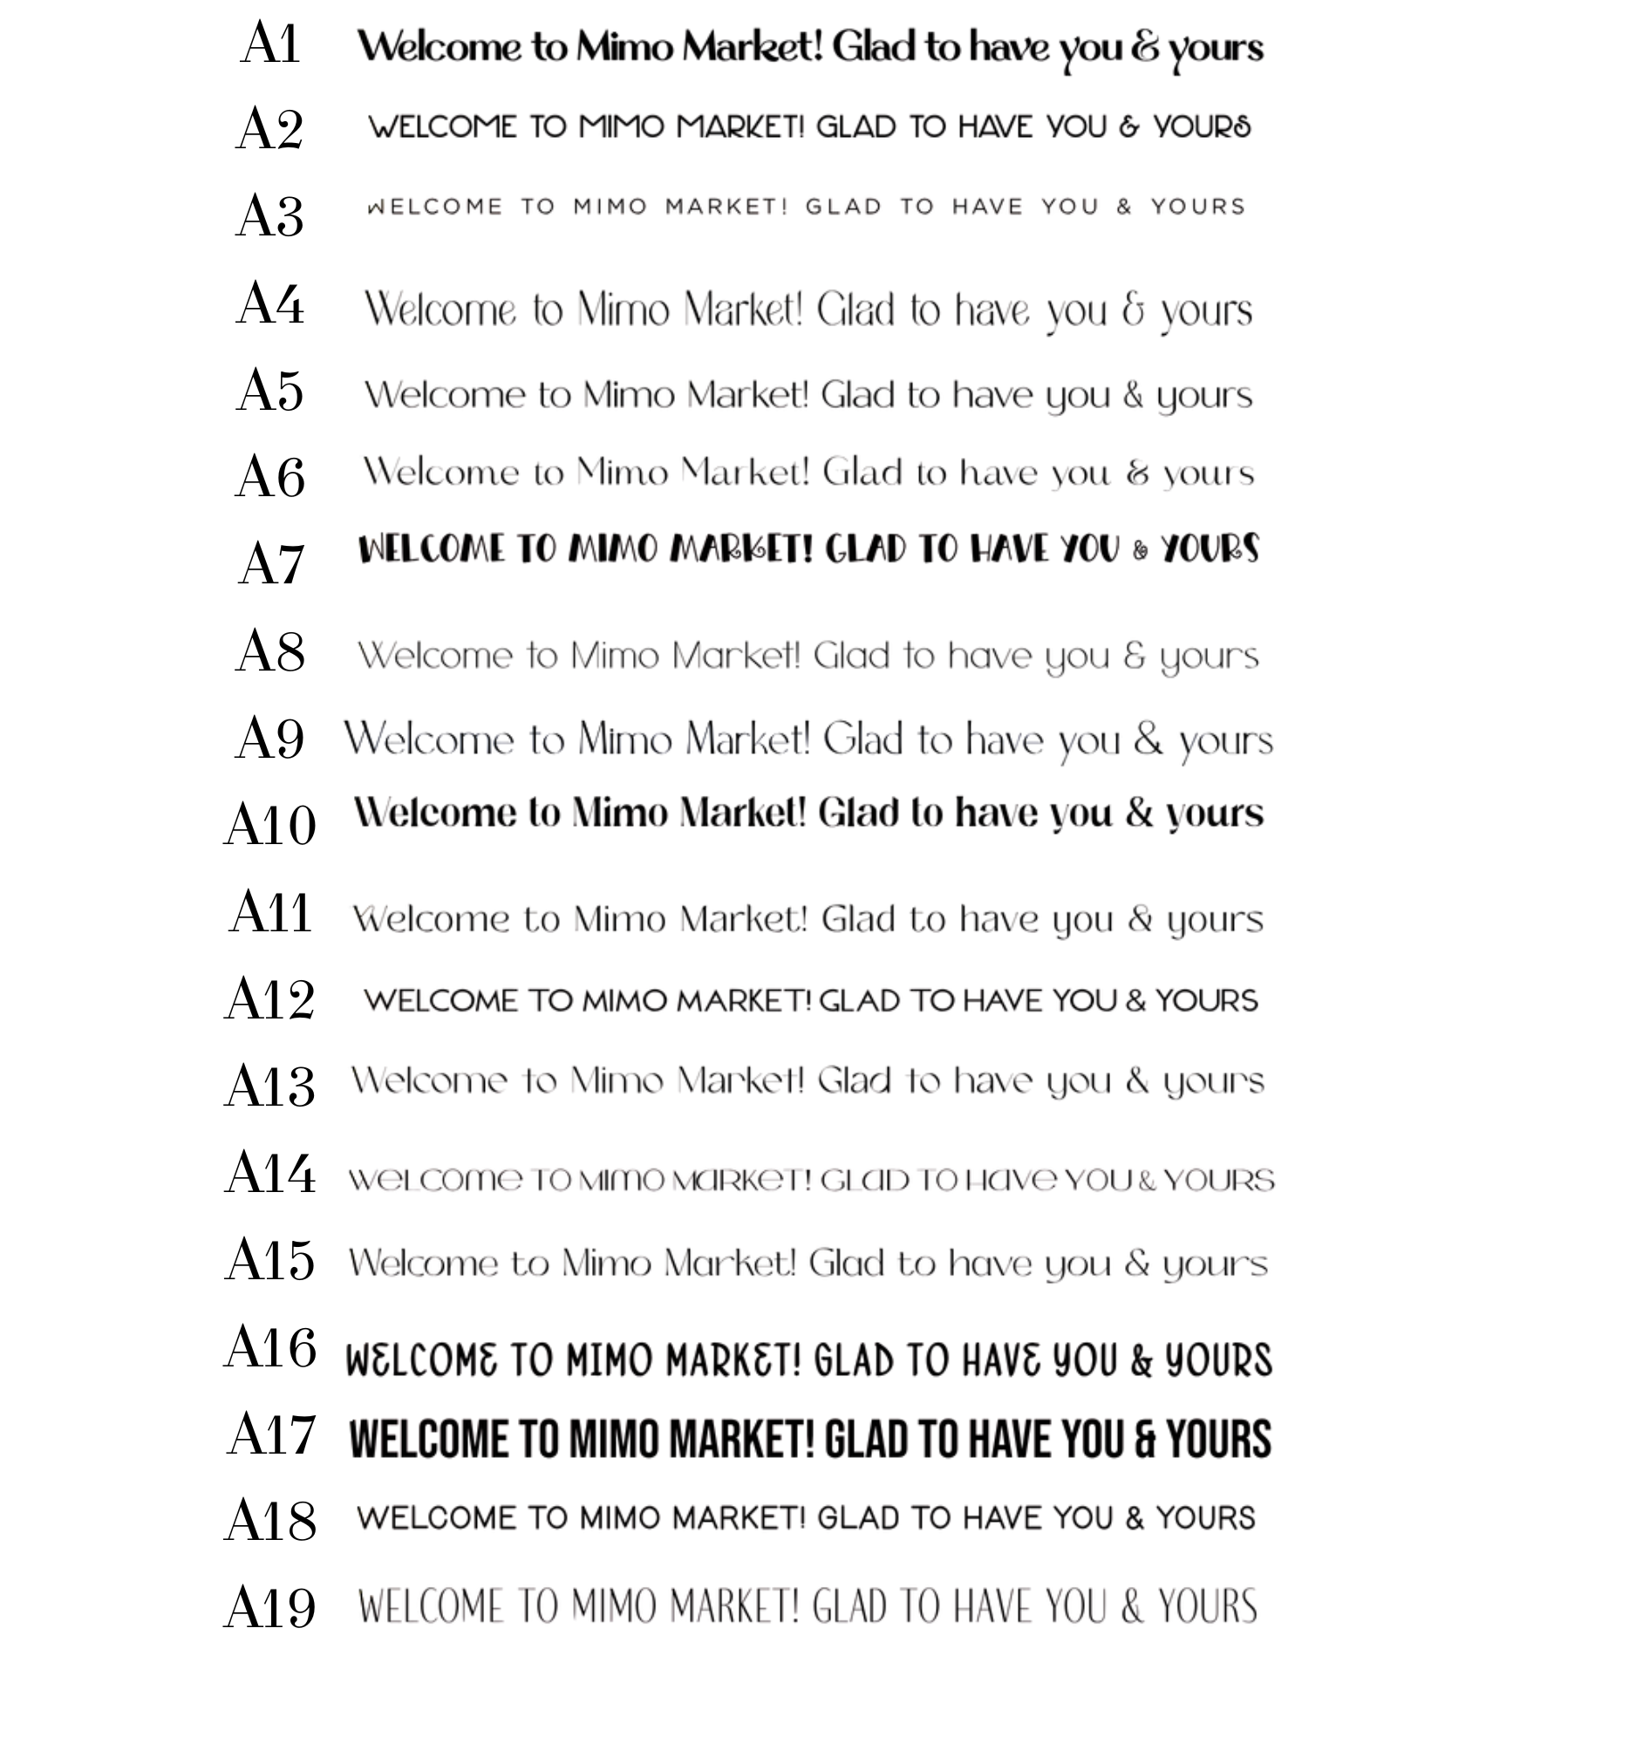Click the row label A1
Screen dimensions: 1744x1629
(x=270, y=44)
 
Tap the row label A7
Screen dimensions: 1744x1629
(x=271, y=564)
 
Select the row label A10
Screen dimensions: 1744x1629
(x=270, y=826)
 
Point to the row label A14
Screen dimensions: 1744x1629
(x=270, y=1174)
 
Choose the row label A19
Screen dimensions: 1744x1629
(x=270, y=1609)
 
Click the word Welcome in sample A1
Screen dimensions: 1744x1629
(x=439, y=46)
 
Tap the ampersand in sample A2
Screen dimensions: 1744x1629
(x=1129, y=127)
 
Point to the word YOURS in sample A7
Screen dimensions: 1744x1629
(x=1210, y=550)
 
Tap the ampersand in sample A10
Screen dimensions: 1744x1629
(x=1139, y=814)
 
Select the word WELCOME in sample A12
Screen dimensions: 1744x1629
(x=440, y=1001)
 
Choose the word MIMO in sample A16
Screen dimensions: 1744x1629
(x=614, y=1360)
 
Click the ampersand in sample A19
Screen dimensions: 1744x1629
(x=1133, y=1607)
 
